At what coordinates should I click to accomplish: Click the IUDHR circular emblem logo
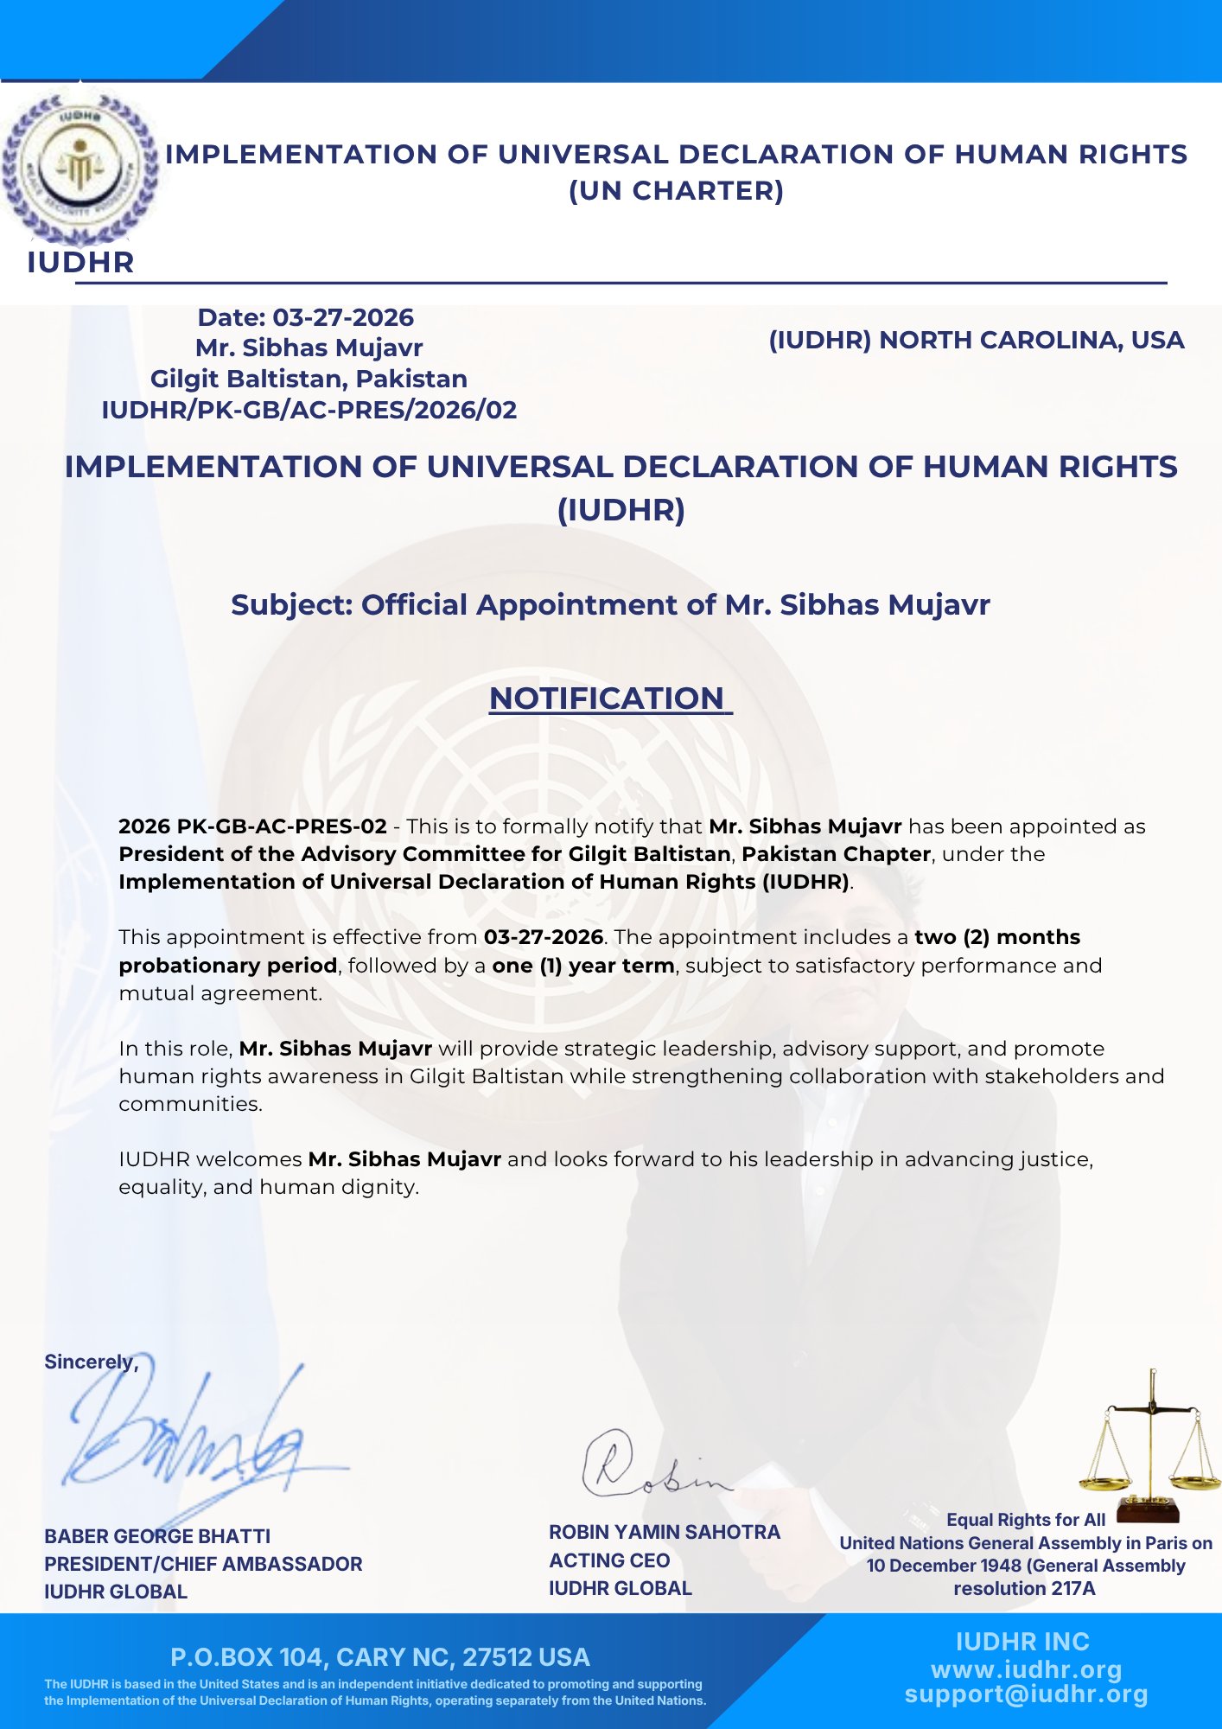[x=80, y=164]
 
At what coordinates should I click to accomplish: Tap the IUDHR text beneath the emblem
[x=80, y=262]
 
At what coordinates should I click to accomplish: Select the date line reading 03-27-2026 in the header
[x=306, y=317]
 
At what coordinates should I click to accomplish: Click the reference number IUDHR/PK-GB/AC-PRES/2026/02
[x=309, y=410]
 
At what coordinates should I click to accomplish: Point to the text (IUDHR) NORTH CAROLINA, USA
[x=976, y=340]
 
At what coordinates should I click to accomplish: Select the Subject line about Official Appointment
[x=610, y=604]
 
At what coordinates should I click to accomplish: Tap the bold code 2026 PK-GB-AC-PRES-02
[x=252, y=826]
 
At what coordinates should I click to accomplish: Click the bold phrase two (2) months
[x=997, y=937]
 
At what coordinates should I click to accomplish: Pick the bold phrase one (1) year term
[x=583, y=966]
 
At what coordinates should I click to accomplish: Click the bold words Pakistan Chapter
[x=836, y=854]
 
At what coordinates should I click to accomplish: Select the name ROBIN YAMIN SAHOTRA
[x=664, y=1532]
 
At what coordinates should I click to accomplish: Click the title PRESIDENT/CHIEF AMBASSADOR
[x=203, y=1564]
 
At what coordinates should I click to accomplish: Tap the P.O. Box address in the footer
[x=380, y=1657]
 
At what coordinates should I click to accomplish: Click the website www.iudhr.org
[x=1026, y=1669]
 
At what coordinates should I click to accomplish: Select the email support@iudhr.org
[x=1026, y=1694]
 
